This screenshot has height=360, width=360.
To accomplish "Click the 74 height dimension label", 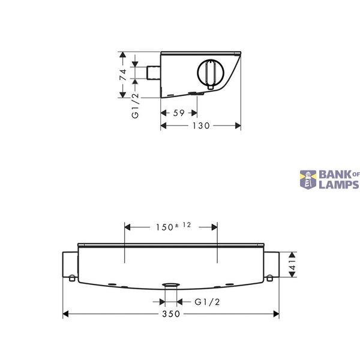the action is pos(123,74).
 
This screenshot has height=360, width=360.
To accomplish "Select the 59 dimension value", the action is pos(179,113).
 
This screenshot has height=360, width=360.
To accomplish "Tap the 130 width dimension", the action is pos(201,126).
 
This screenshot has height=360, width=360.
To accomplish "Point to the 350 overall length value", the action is pos(171,314).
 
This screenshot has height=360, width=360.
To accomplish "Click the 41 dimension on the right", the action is pos(293,265).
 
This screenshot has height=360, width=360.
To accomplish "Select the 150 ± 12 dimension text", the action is pos(173,226).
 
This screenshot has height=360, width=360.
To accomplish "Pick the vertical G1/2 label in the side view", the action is pos(136,106).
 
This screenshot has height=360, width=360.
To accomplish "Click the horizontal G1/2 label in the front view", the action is pos(207,302).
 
